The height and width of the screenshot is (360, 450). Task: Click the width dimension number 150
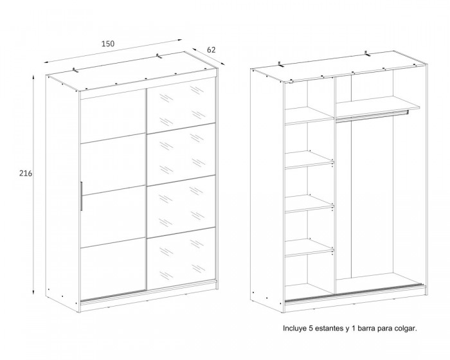[108, 44]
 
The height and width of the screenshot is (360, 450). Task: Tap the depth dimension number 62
[211, 50]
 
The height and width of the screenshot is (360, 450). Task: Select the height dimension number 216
[26, 174]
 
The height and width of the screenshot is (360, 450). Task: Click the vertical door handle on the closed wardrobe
[82, 196]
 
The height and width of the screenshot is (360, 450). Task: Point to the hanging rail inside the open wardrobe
[372, 116]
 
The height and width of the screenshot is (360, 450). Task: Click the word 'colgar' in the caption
[404, 329]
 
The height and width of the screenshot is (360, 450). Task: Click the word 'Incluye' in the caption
[294, 328]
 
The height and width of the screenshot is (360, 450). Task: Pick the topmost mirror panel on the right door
[181, 105]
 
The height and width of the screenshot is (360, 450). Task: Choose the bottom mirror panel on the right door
[181, 258]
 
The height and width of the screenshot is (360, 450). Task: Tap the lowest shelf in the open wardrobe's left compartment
[309, 247]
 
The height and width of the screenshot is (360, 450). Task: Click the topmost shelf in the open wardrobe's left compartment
[309, 116]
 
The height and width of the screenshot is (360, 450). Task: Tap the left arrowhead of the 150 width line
[46, 62]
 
